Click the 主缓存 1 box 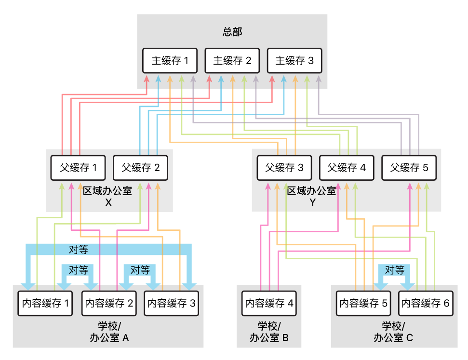click(170, 61)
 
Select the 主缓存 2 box click(232, 61)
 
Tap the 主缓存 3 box click(294, 61)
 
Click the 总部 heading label click(232, 32)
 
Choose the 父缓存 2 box click(140, 168)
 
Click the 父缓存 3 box click(284, 168)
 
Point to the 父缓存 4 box click(347, 168)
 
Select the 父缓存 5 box click(409, 168)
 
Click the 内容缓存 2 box click(109, 303)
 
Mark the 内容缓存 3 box click(171, 303)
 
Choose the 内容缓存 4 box click(269, 303)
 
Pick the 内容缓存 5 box click(363, 303)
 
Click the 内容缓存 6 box click(426, 303)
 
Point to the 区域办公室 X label click(108, 196)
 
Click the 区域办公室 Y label click(312, 196)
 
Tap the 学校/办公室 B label click(269, 332)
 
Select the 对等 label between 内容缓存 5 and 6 click(394, 270)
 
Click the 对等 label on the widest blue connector click(79, 249)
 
